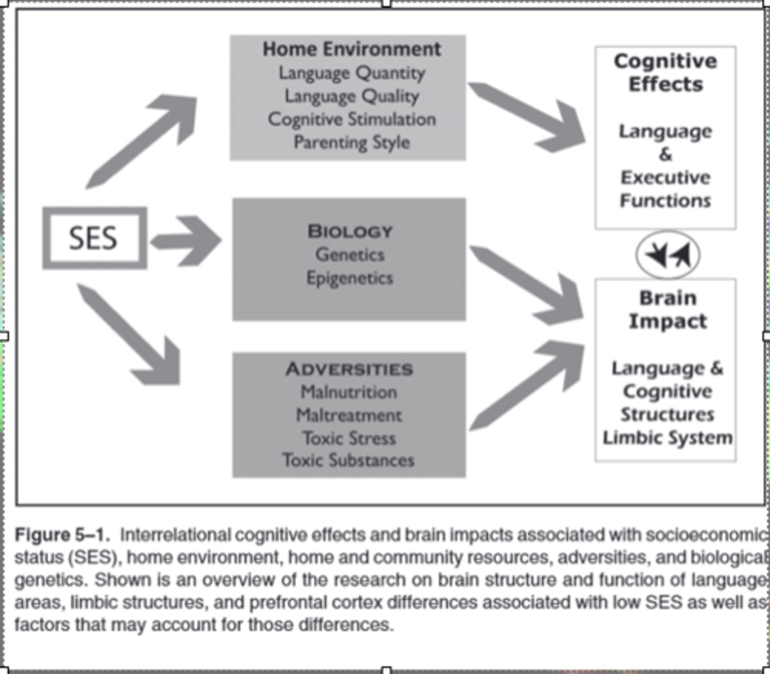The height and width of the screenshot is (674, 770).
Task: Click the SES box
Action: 94,238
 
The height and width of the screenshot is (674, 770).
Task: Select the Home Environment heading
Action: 352,49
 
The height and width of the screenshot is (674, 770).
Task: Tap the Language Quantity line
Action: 352,73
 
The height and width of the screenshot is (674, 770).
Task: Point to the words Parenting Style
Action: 352,142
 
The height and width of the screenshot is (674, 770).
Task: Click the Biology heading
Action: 350,231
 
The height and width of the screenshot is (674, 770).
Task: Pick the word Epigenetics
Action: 350,278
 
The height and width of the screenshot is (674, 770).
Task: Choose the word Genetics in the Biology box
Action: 350,255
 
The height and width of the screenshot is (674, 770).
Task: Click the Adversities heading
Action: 349,369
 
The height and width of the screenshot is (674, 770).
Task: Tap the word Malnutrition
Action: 349,392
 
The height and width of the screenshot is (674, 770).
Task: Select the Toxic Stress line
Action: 349,438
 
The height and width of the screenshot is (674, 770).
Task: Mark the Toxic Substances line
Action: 349,461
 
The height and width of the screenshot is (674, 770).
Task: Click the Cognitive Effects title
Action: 666,72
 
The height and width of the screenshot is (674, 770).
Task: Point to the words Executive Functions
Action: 666,189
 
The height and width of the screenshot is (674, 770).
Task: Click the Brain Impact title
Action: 667,309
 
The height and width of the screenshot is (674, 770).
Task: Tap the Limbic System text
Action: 667,438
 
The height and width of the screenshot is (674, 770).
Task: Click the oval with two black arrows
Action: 667,255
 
